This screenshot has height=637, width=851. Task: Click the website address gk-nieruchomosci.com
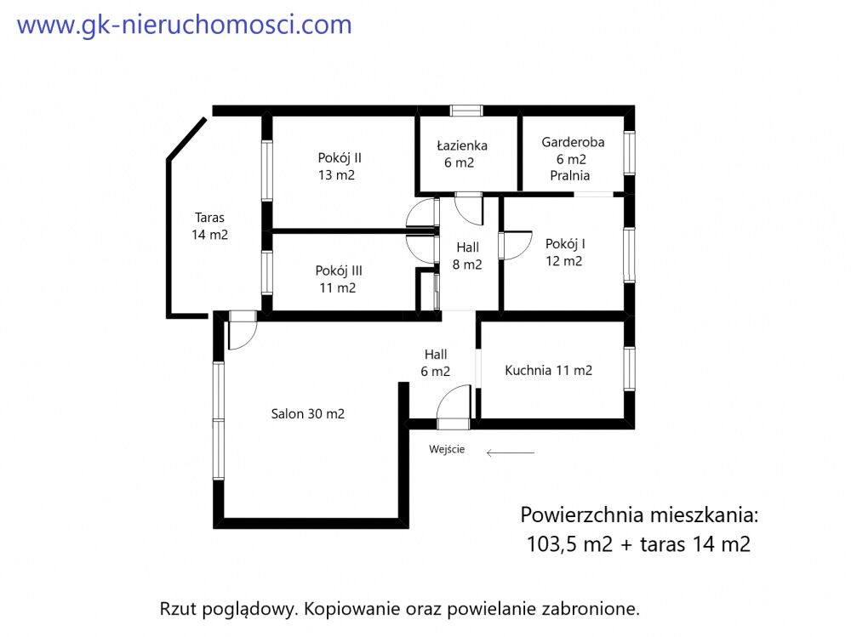(185, 26)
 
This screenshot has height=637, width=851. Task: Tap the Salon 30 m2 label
(308, 414)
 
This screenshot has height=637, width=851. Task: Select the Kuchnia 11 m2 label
(548, 371)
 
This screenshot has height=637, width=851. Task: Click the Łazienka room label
(462, 154)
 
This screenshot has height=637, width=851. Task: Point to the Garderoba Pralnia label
(573, 159)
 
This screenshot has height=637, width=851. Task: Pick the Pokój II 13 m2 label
(340, 167)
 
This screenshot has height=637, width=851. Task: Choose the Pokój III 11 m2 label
(338, 280)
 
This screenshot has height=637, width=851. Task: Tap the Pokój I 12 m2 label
(564, 253)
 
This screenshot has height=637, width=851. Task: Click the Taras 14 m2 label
(209, 226)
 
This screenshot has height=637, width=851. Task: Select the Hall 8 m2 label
(467, 256)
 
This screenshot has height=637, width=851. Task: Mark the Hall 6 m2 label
(435, 363)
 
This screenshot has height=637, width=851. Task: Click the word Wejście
(447, 449)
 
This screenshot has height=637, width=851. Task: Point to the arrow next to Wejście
(510, 452)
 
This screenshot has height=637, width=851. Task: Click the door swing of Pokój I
(515, 246)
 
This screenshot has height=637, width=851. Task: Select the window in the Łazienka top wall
(466, 111)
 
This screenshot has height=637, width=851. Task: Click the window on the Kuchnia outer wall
(629, 369)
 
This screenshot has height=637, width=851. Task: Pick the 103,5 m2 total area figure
(569, 544)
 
